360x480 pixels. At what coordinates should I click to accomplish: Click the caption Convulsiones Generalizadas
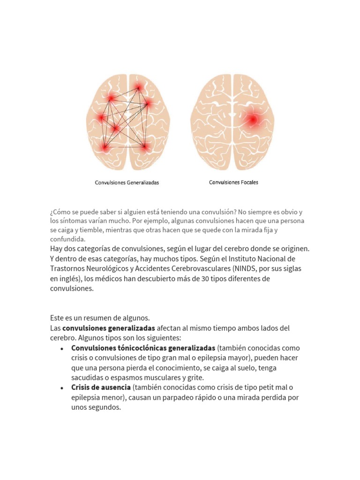pyautogui.click(x=127, y=183)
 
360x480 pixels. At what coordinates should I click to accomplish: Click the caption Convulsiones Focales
pyautogui.click(x=233, y=182)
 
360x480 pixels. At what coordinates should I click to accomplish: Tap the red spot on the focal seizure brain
pyautogui.click(x=253, y=120)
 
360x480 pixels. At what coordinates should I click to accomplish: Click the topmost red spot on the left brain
pyautogui.click(x=139, y=88)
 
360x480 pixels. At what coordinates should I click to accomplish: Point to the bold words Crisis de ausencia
pyautogui.click(x=101, y=387)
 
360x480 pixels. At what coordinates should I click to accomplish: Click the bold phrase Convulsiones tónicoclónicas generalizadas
pyautogui.click(x=143, y=348)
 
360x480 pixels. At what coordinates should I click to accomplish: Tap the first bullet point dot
pyautogui.click(x=62, y=349)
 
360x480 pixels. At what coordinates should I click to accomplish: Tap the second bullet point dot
pyautogui.click(x=62, y=388)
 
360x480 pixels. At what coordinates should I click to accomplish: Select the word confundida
pyautogui.click(x=67, y=239)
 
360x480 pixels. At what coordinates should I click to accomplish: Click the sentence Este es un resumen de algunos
pyautogui.click(x=100, y=318)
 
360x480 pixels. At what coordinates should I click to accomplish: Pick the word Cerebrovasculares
pyautogui.click(x=201, y=269)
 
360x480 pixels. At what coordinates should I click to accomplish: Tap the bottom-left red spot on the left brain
pyautogui.click(x=105, y=148)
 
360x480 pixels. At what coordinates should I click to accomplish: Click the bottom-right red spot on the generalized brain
pyautogui.click(x=145, y=147)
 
